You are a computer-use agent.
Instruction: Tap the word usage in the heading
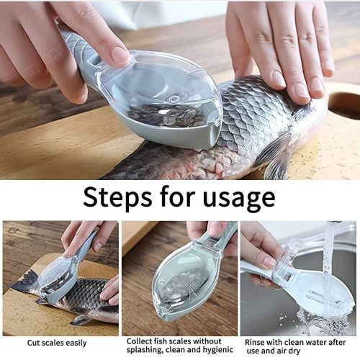click(x=238, y=198)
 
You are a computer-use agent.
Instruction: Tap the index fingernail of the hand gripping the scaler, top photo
click(x=120, y=55)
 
